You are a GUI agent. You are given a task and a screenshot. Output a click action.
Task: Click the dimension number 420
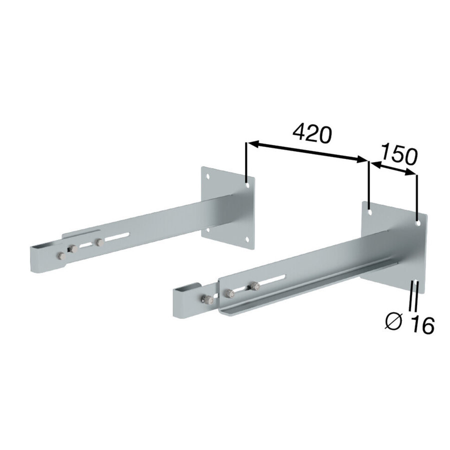[x=312, y=133]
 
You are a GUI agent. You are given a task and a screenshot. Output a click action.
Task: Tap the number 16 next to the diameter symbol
[x=422, y=325]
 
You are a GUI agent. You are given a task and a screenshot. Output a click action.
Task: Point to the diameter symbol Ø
[x=394, y=321]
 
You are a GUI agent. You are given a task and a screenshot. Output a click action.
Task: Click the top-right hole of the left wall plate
[x=247, y=185]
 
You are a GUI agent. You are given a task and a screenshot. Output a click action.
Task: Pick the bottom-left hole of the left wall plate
[x=208, y=229]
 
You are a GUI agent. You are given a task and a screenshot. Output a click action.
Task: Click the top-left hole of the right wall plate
[x=370, y=212]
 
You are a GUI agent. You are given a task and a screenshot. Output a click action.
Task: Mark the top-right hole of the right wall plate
[x=418, y=222]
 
